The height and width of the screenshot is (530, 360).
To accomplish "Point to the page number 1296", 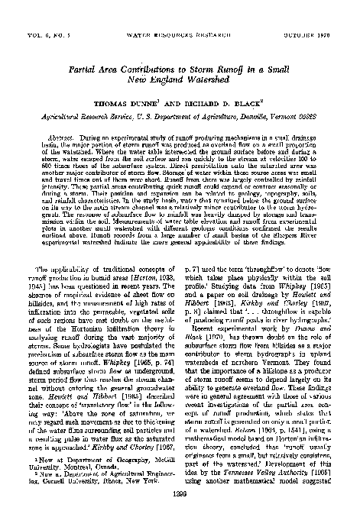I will click(x=180, y=515).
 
